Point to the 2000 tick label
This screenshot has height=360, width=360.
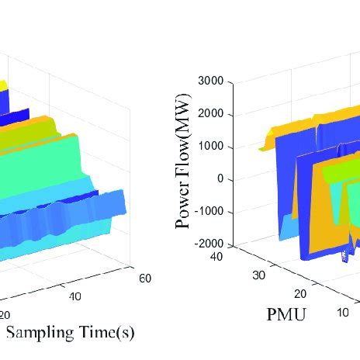pos(213,113)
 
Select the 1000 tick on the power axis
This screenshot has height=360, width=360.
pos(213,146)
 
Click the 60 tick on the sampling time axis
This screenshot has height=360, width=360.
pos(145,278)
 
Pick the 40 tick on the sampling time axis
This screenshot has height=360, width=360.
pos(74,296)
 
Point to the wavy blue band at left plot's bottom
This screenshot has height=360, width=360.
pos(62,221)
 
